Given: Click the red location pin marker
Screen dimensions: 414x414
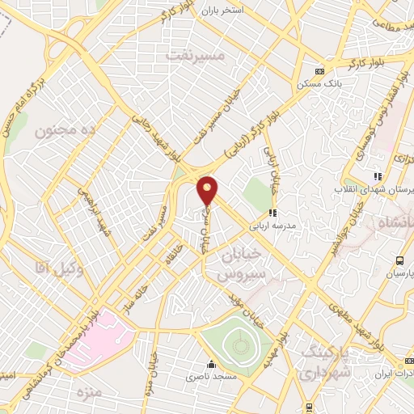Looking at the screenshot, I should [208, 189].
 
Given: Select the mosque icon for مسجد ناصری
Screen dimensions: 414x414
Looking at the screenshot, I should [212, 364].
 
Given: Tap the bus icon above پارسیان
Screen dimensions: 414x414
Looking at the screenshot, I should [399, 260].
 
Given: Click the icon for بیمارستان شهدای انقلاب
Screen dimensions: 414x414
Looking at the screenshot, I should [376, 176].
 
